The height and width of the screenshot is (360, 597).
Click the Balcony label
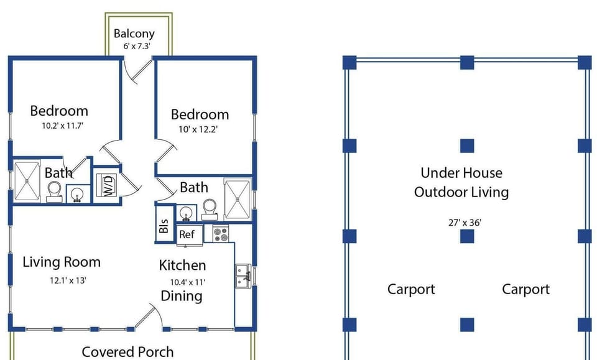point(134,34)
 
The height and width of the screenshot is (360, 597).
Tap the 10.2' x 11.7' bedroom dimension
point(62,126)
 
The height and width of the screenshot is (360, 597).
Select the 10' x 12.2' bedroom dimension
point(198,129)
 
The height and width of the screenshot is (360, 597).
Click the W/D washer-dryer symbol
point(106,185)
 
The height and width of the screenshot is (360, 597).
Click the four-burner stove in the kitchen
point(220,233)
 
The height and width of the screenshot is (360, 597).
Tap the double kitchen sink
point(243,276)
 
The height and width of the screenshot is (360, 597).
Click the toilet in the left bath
point(54,192)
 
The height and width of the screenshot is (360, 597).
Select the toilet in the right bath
point(210,210)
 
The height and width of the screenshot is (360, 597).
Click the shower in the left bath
point(27,182)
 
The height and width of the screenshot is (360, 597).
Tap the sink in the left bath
point(78,194)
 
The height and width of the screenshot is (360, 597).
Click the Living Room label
point(62,262)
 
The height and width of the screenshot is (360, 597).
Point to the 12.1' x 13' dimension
point(68,280)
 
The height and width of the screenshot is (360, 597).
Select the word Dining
point(181,297)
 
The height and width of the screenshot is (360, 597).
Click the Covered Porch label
point(127,352)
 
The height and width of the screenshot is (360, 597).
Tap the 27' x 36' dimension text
point(465,223)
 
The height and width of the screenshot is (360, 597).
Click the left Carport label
point(411,290)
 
